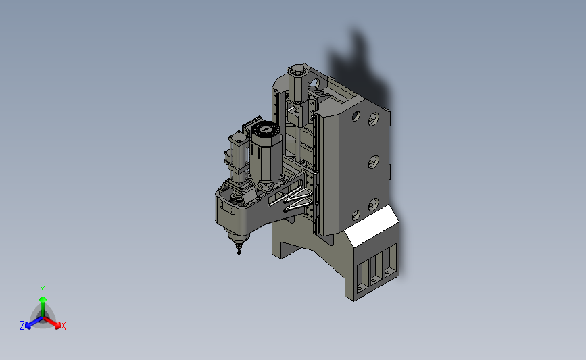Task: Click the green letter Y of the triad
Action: coord(42,290)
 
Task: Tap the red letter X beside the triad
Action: coord(63,326)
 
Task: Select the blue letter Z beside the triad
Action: coord(22,326)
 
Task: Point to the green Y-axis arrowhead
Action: coord(43,299)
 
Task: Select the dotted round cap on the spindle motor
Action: coord(266,130)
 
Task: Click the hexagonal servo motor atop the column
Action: coord(298,83)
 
